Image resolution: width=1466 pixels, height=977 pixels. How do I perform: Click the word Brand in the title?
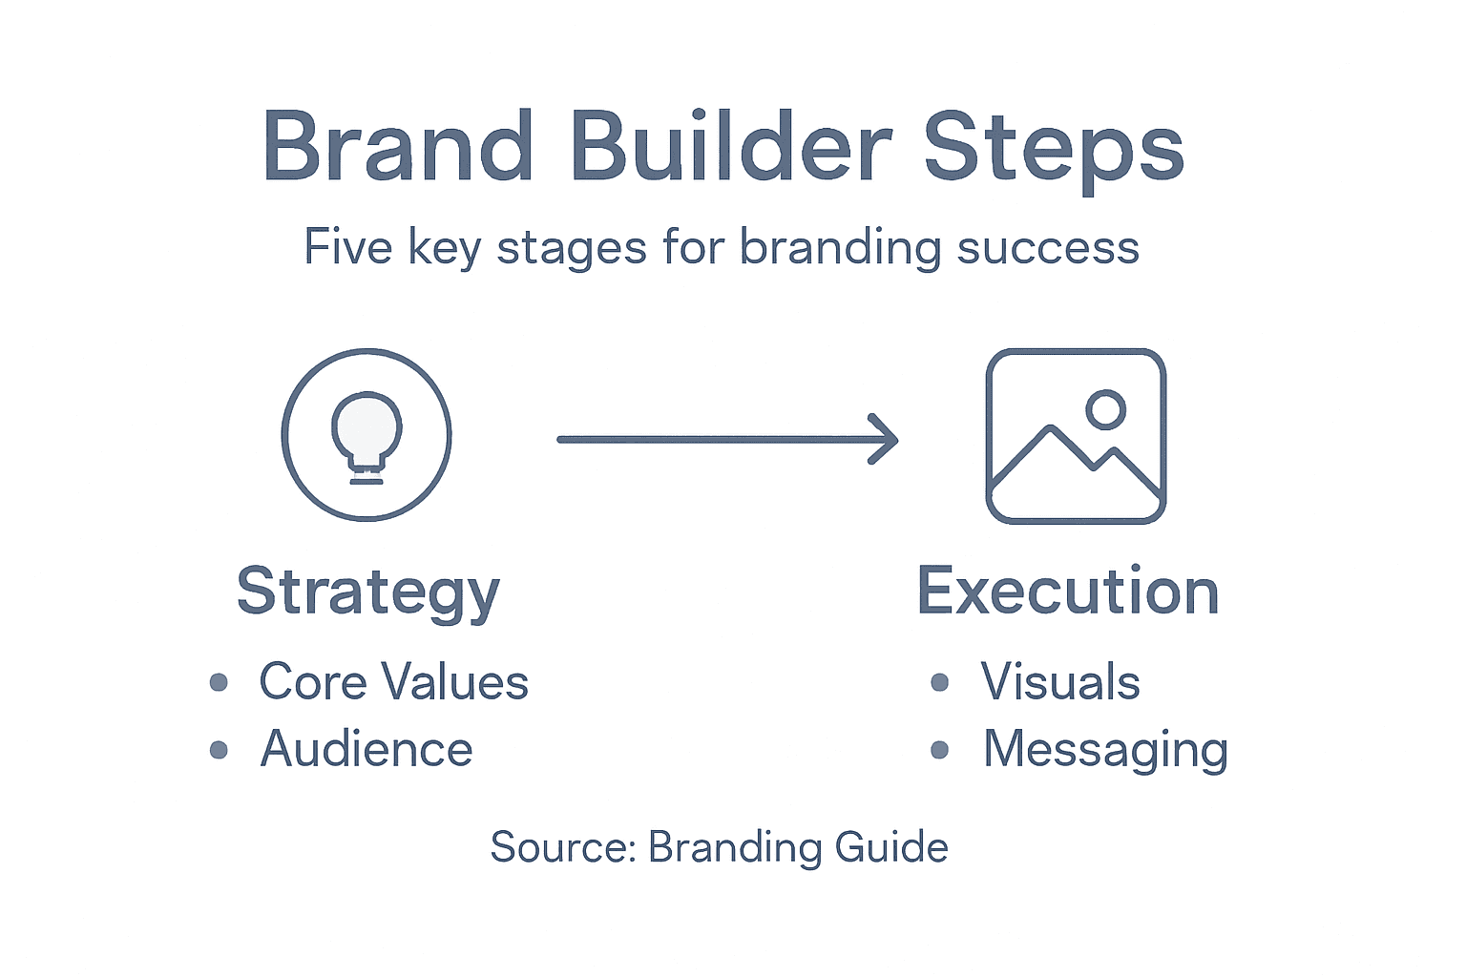(x=397, y=147)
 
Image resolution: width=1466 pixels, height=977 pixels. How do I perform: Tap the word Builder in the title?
(x=731, y=147)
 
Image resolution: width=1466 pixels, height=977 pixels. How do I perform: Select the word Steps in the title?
(x=1054, y=149)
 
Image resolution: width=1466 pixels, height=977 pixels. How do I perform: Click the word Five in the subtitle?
(x=348, y=247)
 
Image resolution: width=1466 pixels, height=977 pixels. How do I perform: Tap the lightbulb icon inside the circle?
(x=366, y=432)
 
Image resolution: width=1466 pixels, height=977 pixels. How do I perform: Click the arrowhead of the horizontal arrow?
(x=885, y=439)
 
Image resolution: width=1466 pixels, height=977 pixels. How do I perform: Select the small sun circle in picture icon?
(x=1105, y=409)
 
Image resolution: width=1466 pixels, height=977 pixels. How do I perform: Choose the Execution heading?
(x=1068, y=592)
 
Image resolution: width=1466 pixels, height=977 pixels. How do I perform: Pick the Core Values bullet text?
(x=393, y=682)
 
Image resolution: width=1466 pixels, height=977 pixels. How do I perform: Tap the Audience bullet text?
(x=366, y=749)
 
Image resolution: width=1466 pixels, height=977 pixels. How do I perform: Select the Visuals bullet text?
(x=1060, y=682)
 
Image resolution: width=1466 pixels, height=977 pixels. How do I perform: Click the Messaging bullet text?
(x=1105, y=750)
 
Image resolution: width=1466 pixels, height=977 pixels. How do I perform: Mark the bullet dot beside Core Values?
(x=219, y=682)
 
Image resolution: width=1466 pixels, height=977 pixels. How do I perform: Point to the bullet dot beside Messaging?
(x=940, y=750)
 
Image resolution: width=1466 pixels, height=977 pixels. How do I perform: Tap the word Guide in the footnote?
(x=891, y=847)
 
